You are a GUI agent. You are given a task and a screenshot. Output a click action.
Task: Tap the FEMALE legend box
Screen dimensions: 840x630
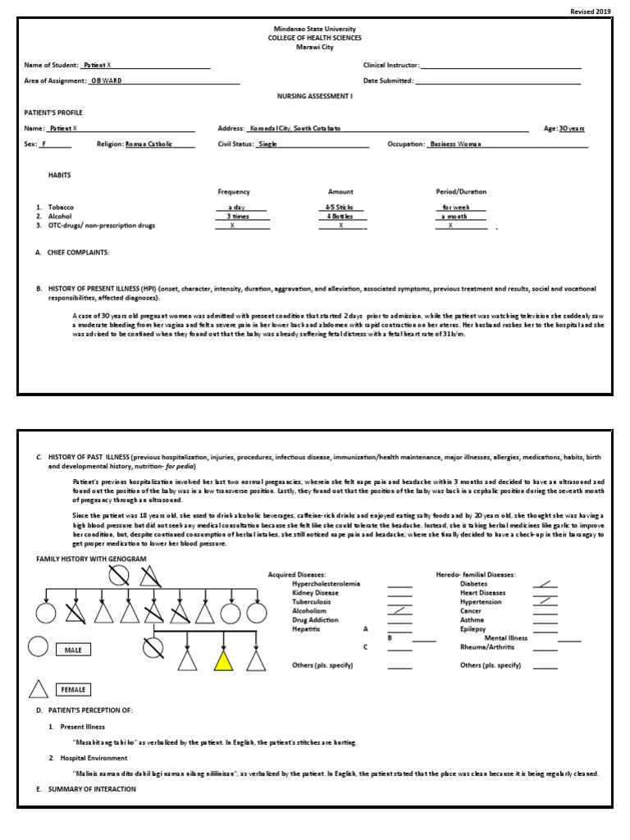click(x=73, y=689)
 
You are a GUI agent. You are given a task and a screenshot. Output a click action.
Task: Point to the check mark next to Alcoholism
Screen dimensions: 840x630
click(x=399, y=610)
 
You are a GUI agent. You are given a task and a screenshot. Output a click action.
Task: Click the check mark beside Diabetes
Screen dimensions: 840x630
click(x=543, y=583)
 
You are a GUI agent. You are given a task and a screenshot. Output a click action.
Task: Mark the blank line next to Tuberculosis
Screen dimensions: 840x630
click(x=399, y=601)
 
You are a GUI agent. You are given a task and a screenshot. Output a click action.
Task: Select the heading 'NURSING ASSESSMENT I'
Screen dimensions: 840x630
click(x=314, y=96)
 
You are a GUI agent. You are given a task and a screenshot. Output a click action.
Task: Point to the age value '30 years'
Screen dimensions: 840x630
click(x=572, y=129)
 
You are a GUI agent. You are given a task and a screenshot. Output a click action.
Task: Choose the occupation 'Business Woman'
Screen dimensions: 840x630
click(x=456, y=144)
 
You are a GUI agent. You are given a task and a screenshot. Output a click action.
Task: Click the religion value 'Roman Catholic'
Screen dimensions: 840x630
click(x=148, y=144)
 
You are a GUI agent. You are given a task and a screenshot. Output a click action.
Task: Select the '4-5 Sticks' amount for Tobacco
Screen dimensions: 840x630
click(x=340, y=208)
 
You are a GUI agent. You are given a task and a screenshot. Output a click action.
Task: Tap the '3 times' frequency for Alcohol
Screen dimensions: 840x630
click(x=237, y=216)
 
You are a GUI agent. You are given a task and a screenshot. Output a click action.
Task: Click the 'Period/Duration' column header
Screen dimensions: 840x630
click(x=460, y=191)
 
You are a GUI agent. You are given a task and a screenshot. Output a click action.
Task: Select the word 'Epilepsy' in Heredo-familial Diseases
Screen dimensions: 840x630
click(x=472, y=628)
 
